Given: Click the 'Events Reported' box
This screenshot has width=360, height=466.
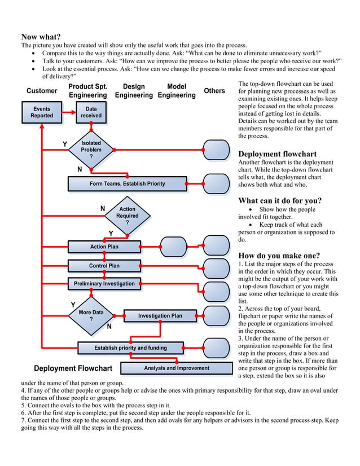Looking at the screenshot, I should (42, 112).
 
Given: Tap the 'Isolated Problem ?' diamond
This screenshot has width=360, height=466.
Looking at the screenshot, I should (91, 150).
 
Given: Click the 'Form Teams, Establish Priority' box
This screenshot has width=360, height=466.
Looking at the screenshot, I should (127, 184).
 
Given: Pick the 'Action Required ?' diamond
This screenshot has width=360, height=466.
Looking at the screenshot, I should (127, 216).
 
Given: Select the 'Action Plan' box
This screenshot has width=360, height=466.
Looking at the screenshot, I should (104, 247).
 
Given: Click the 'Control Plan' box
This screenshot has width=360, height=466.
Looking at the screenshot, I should (104, 266).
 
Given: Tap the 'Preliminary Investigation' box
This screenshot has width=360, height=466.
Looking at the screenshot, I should (104, 284).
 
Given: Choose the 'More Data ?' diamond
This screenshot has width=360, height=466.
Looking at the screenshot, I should (91, 316).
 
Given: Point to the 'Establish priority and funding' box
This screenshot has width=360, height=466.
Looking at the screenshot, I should (130, 348).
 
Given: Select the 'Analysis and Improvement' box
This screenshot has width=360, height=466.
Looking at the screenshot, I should (177, 368).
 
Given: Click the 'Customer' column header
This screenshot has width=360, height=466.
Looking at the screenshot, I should (42, 91).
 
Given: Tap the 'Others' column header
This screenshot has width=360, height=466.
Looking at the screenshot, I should (214, 91).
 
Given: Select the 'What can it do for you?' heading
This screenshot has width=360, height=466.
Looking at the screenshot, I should (280, 201).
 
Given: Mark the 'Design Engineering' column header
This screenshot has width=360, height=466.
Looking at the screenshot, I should (134, 91).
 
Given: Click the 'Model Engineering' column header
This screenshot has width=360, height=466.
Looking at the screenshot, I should (177, 91).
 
